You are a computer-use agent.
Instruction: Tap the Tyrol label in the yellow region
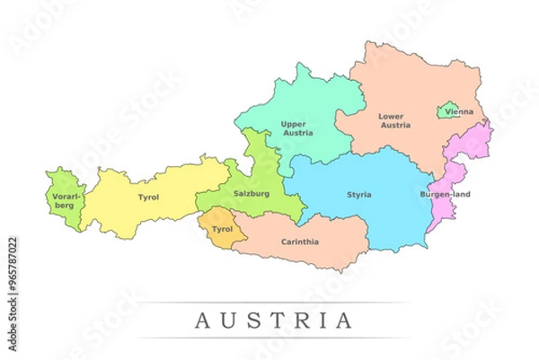tap(148, 197)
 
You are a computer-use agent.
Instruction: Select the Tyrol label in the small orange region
tap(221, 229)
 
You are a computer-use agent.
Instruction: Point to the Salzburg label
tap(252, 194)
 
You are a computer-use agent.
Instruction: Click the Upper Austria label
tap(297, 127)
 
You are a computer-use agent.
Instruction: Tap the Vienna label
tap(458, 112)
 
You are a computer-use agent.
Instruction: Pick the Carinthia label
tap(300, 241)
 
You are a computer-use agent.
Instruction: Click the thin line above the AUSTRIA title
tap(269, 303)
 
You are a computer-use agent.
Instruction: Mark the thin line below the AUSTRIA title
tap(269, 338)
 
